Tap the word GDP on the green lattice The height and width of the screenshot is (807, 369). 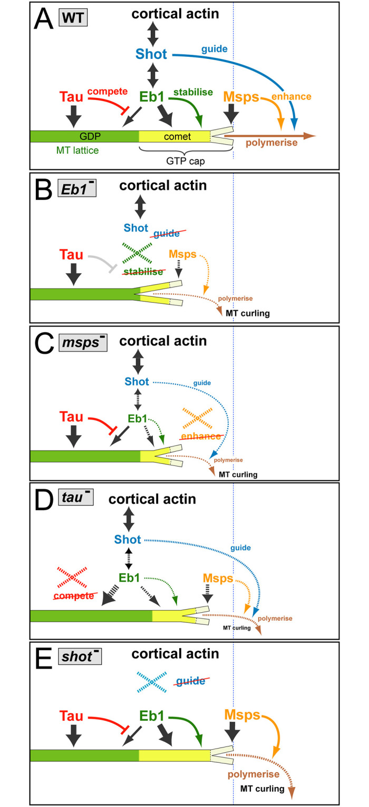coord(80,136)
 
